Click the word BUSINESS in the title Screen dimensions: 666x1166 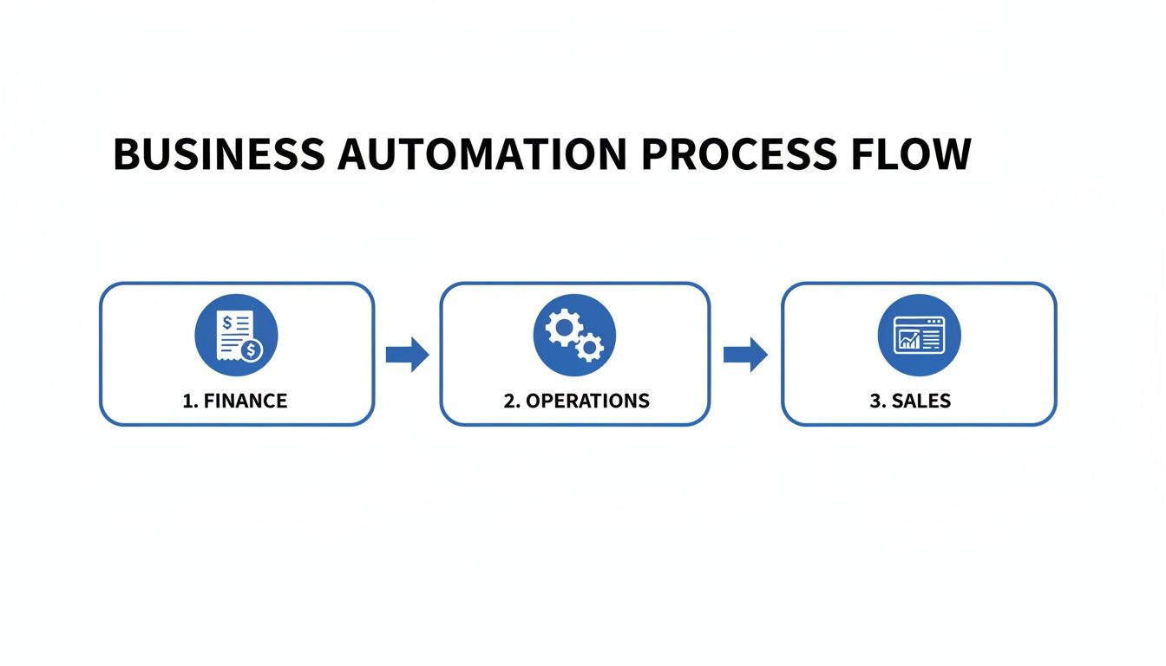(219, 154)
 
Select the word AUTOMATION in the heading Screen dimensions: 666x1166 (481, 154)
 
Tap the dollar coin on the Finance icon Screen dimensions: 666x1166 (252, 350)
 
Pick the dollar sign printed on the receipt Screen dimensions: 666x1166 (227, 323)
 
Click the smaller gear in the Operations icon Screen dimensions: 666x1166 (590, 348)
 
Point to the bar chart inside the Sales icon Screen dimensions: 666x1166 (909, 340)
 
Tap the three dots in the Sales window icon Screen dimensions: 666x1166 (933, 321)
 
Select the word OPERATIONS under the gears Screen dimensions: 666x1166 (587, 401)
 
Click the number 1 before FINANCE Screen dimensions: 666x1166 (187, 401)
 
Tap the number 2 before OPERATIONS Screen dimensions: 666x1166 (509, 401)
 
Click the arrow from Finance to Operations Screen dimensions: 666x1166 (407, 354)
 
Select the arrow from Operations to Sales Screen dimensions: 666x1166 (745, 354)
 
